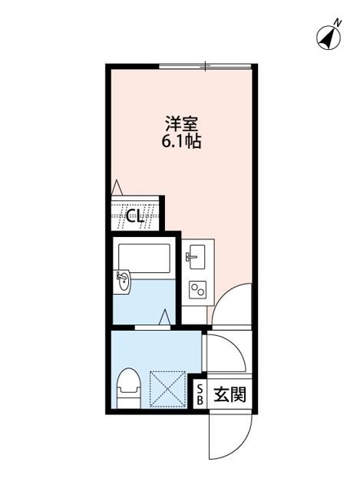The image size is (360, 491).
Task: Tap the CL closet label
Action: tap(136, 217)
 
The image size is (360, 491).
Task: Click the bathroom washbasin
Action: tap(124, 282)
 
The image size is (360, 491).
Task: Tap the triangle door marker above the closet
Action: tap(116, 186)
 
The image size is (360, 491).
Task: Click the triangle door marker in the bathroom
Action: tap(166, 315)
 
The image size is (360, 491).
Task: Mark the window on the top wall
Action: tap(205, 67)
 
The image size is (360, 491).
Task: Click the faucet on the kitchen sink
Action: tap(188, 255)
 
